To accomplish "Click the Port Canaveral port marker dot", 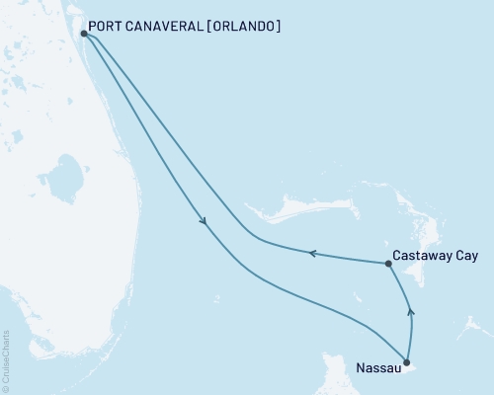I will [x=84, y=34].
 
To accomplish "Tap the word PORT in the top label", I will [x=105, y=27].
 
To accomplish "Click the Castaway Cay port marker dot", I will [x=387, y=263].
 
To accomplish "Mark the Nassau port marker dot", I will [x=406, y=361].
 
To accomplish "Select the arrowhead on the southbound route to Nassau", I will [x=204, y=222].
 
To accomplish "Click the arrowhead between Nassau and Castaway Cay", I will [x=411, y=313].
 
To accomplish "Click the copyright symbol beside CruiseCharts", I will [x=7, y=387].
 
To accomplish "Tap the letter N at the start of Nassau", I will [x=359, y=372].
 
